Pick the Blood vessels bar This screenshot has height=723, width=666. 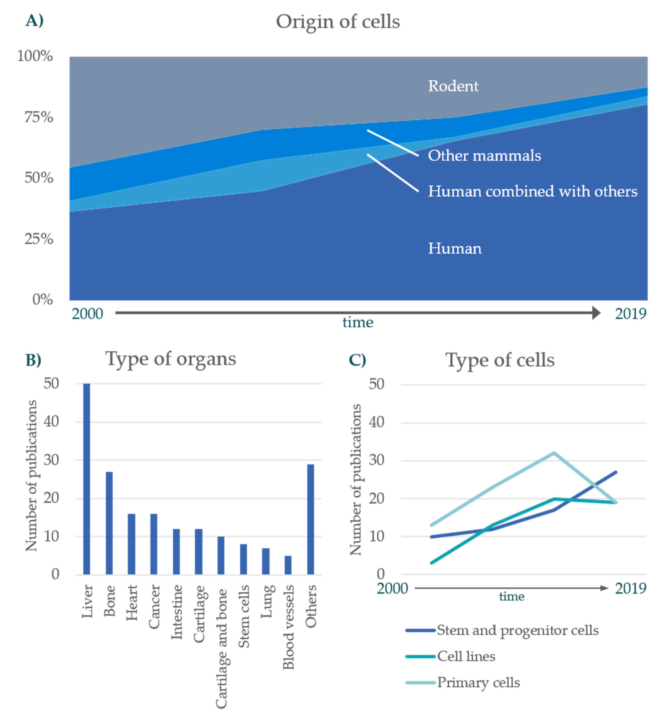tap(288, 565)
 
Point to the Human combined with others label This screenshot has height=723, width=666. tap(532, 191)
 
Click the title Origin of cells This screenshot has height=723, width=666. tap(338, 22)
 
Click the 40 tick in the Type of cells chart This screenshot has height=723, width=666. tap(377, 422)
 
